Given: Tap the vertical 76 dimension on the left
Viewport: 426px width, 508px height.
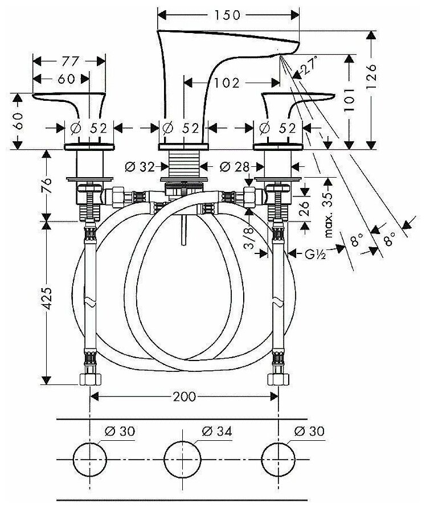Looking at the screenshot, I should click(48, 186).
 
